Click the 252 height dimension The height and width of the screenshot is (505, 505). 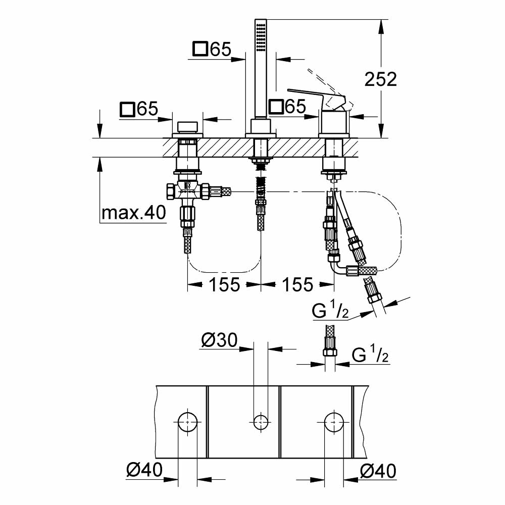(x=382, y=79)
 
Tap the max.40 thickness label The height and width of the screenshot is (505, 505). (x=133, y=214)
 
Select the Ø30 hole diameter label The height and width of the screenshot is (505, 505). (x=219, y=341)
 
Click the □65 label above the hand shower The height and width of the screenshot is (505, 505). (x=212, y=49)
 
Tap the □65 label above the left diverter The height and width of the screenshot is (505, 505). (x=139, y=109)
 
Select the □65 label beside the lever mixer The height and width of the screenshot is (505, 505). (x=287, y=107)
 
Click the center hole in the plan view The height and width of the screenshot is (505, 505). (x=261, y=421)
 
